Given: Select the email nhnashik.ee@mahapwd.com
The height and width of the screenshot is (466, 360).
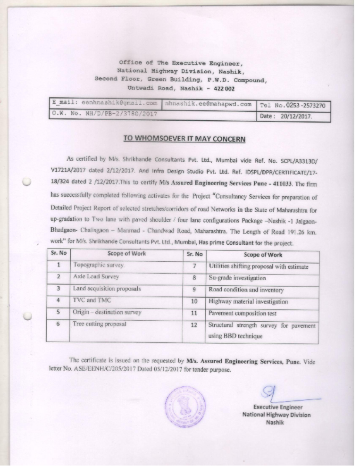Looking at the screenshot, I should tap(208, 105).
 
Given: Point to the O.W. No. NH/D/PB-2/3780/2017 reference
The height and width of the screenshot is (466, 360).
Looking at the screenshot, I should tap(104, 114).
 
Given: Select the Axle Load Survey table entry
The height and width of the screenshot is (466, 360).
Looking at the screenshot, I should tap(95, 277).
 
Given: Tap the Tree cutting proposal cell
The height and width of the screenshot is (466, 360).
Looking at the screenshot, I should tap(100, 324).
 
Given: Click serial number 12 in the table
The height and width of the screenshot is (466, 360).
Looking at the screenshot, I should tap(193, 325).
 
